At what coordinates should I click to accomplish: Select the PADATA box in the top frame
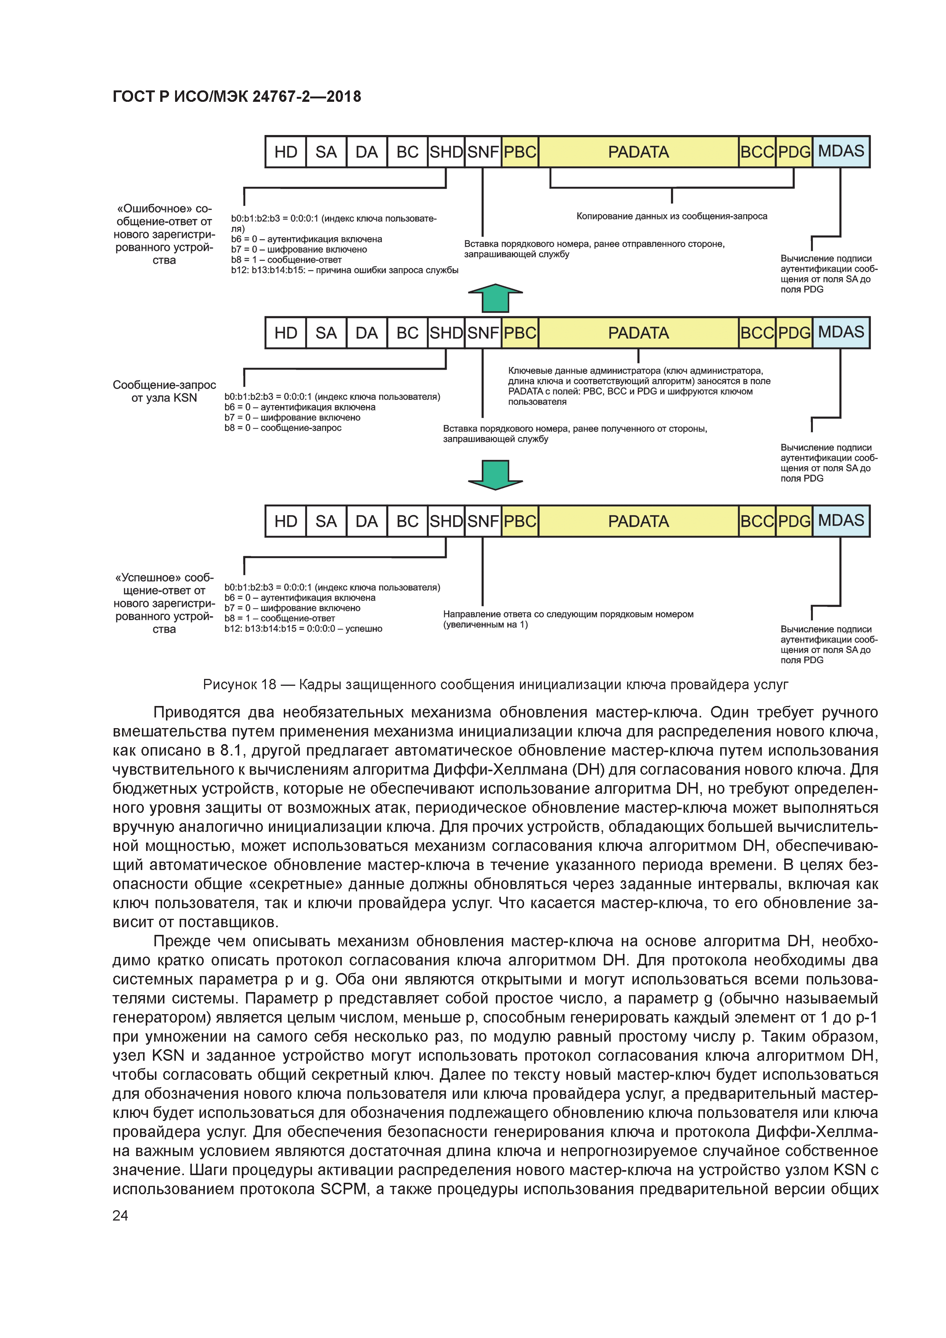[638, 152]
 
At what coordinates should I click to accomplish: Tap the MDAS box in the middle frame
[840, 333]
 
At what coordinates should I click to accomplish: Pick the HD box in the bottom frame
[286, 521]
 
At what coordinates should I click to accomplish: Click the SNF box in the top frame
[483, 152]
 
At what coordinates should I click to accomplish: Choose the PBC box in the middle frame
[520, 333]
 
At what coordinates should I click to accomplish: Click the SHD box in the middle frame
[446, 333]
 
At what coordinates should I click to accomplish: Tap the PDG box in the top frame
[794, 152]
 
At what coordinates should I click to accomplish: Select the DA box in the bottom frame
[367, 521]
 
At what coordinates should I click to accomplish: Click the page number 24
[120, 1215]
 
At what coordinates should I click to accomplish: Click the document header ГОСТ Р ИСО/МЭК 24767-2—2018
[236, 97]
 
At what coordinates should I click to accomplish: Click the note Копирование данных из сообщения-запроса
[671, 216]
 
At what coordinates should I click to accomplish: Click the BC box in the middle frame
[407, 333]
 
